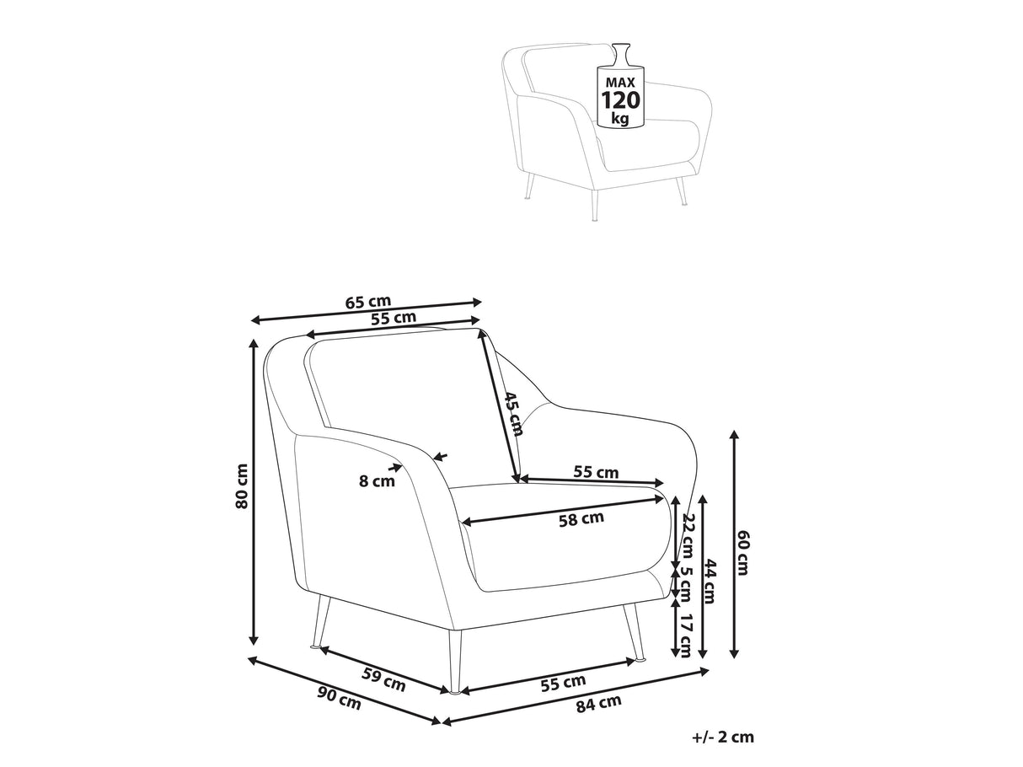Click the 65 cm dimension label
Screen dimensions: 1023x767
coord(367,303)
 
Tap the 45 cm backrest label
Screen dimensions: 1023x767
coord(513,413)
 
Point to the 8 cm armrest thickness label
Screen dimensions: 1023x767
coord(377,480)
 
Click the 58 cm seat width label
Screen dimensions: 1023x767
coord(581,518)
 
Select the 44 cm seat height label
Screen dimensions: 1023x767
coord(710,581)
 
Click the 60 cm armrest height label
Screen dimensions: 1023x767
coord(743,553)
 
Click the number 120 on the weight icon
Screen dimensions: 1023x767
coord(621,100)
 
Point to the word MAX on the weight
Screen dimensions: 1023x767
coord(620,83)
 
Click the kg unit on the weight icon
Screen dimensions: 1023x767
coord(620,118)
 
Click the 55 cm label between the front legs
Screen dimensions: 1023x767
coord(563,683)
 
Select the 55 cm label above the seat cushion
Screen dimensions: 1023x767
coord(596,471)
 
